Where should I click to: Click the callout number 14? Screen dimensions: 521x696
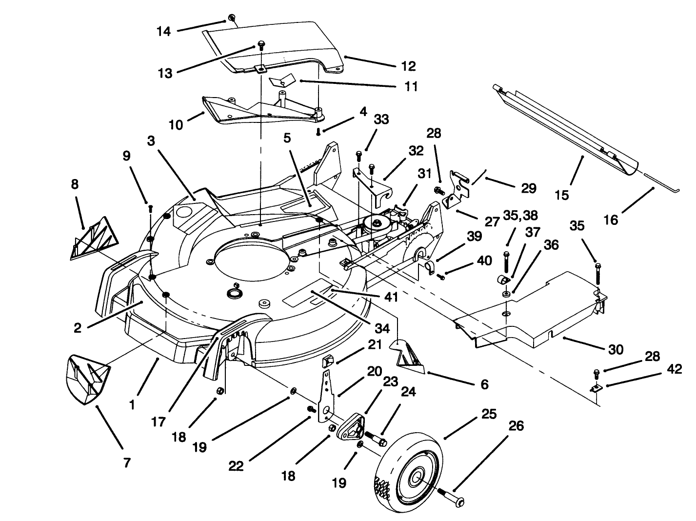[x=164, y=31]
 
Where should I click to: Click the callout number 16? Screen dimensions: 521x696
[x=610, y=220]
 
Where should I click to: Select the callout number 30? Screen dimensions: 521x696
[x=616, y=349]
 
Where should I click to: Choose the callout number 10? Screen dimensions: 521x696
[x=176, y=125]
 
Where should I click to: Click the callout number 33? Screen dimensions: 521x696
[x=381, y=119]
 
